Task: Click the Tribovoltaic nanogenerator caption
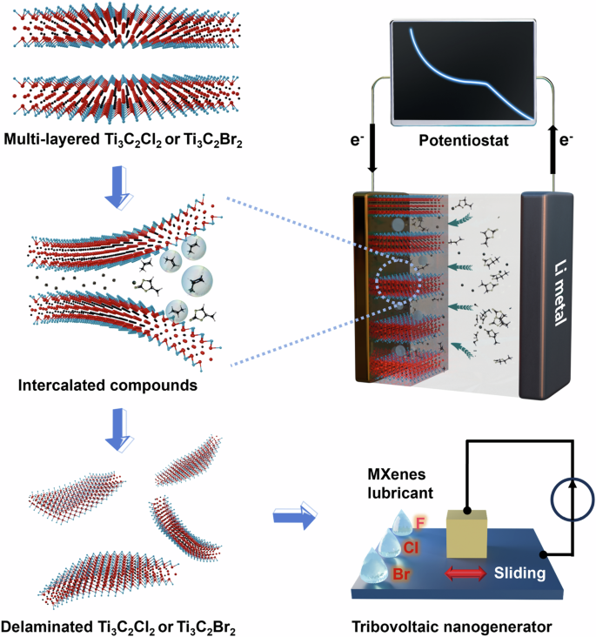[457, 626]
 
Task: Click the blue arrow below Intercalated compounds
[114, 429]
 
